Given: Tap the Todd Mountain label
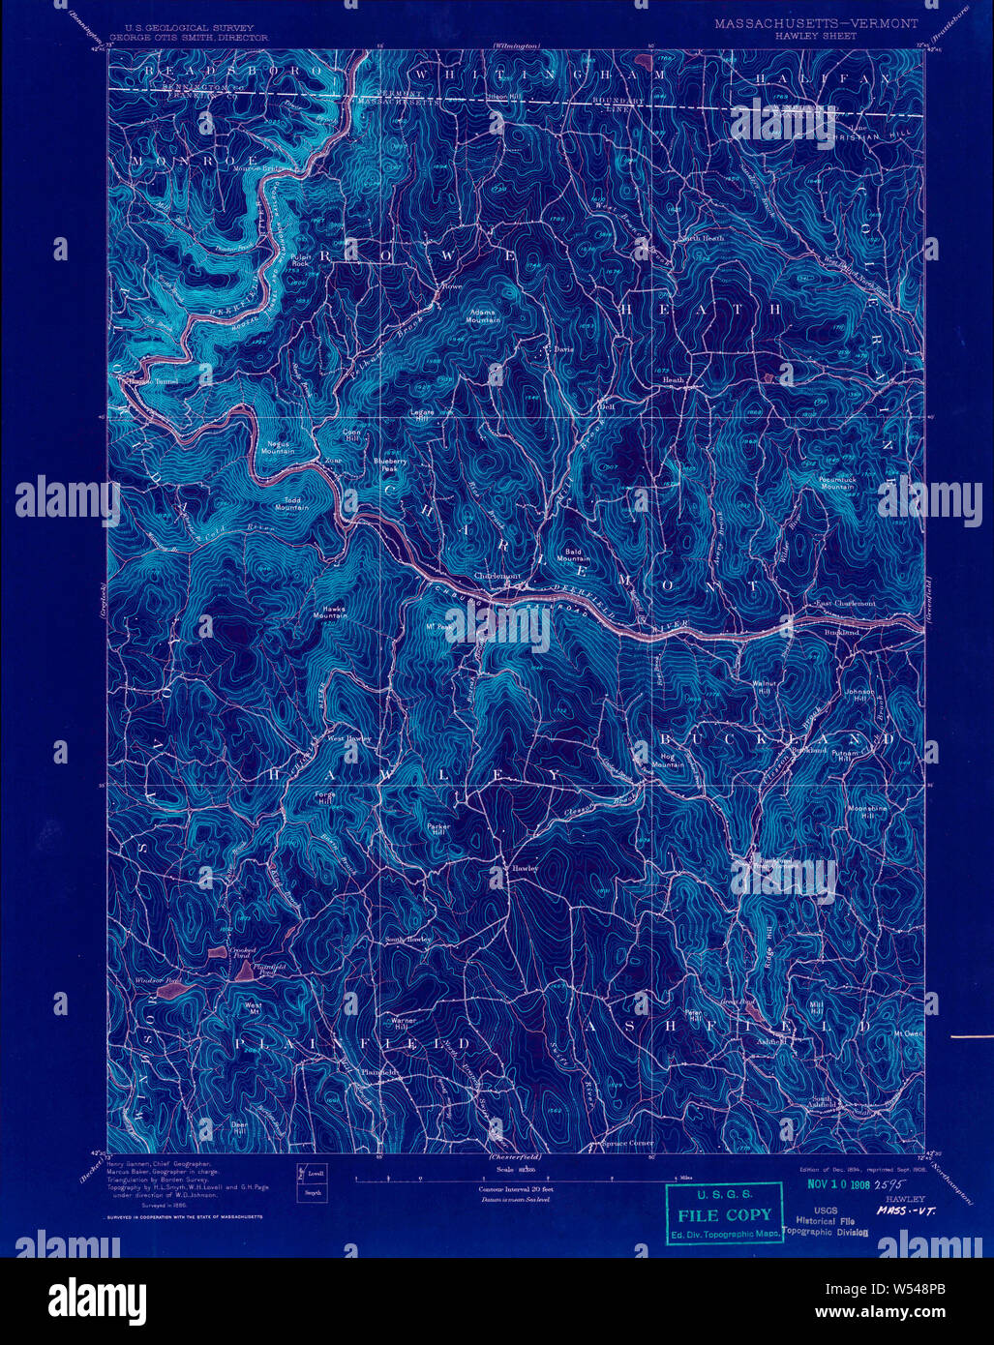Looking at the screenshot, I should click(290, 503).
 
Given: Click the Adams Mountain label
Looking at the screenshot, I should click(483, 315).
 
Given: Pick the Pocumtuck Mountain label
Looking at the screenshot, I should click(837, 483).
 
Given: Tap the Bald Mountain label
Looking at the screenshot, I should click(573, 555).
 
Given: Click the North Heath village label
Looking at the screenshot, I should click(701, 238).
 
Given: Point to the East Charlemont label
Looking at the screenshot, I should click(844, 603).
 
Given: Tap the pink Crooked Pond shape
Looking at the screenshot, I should click(215, 954).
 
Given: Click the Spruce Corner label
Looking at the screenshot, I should click(627, 1144).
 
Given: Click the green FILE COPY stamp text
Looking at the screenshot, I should click(724, 1215).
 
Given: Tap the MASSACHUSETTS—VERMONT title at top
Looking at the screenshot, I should click(816, 22).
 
